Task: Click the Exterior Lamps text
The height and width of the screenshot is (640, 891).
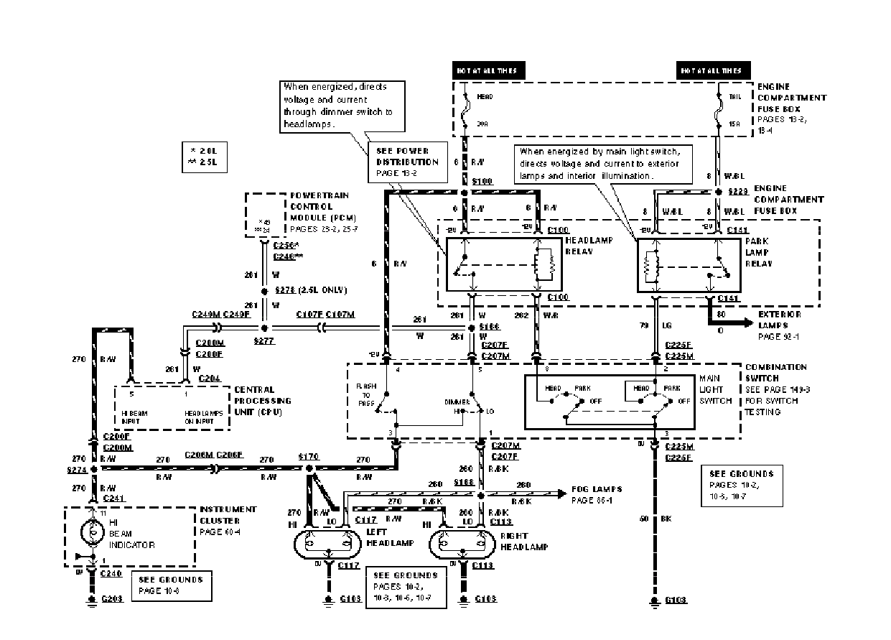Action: click(779, 320)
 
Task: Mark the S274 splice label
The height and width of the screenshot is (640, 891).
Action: click(75, 470)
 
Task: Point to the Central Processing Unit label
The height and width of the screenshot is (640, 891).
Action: click(262, 401)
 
